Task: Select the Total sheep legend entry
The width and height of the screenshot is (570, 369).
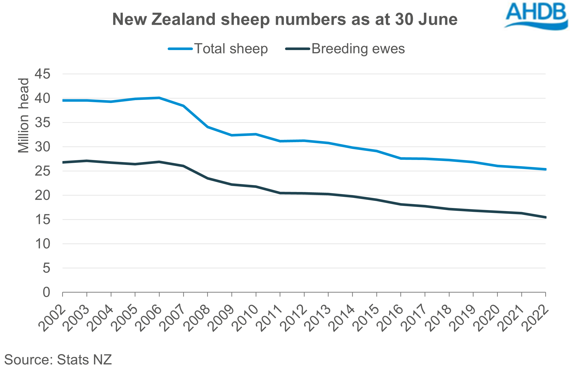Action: click(218, 49)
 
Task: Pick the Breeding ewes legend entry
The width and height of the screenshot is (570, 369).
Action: click(345, 49)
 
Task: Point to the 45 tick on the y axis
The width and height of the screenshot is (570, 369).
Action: click(43, 74)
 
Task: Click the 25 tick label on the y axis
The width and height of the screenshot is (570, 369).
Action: click(43, 171)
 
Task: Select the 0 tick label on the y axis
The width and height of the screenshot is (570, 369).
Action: click(46, 292)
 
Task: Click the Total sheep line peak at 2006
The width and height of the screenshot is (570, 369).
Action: click(159, 98)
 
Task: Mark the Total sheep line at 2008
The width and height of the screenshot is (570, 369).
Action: click(208, 127)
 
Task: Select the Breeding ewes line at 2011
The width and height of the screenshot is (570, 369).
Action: click(280, 193)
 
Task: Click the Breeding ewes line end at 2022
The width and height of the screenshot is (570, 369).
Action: click(545, 217)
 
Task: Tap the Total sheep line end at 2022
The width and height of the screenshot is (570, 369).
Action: click(545, 169)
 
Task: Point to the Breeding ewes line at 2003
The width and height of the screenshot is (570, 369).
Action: click(87, 161)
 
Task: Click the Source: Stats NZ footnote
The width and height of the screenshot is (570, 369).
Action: click(58, 359)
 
